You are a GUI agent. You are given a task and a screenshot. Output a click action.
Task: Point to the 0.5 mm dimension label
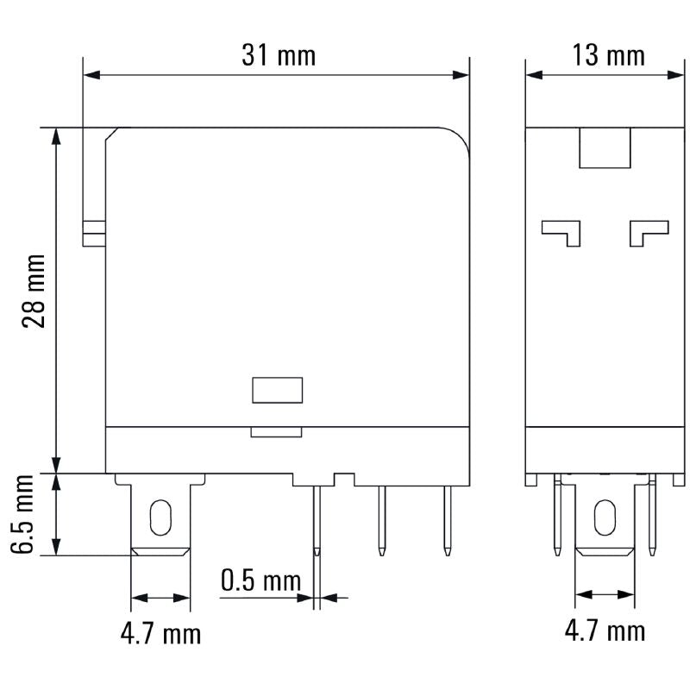click(x=260, y=580)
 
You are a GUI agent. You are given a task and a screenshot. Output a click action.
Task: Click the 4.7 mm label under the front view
click(x=160, y=635)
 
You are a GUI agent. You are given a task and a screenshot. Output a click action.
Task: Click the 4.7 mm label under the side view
click(x=605, y=630)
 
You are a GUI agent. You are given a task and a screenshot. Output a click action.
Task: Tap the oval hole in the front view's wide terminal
click(x=160, y=517)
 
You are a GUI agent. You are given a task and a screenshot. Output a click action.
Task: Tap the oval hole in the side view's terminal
click(x=604, y=518)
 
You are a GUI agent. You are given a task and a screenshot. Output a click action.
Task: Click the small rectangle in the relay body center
click(x=277, y=390)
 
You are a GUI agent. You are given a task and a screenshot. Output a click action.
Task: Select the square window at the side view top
click(x=605, y=147)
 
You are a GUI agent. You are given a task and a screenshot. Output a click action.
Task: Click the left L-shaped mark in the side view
click(x=561, y=231)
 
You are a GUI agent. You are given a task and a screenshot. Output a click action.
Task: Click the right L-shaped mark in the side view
click(x=649, y=231)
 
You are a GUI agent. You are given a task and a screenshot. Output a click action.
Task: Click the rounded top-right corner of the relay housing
click(x=461, y=138)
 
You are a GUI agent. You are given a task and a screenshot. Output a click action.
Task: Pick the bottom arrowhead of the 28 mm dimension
click(x=57, y=466)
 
